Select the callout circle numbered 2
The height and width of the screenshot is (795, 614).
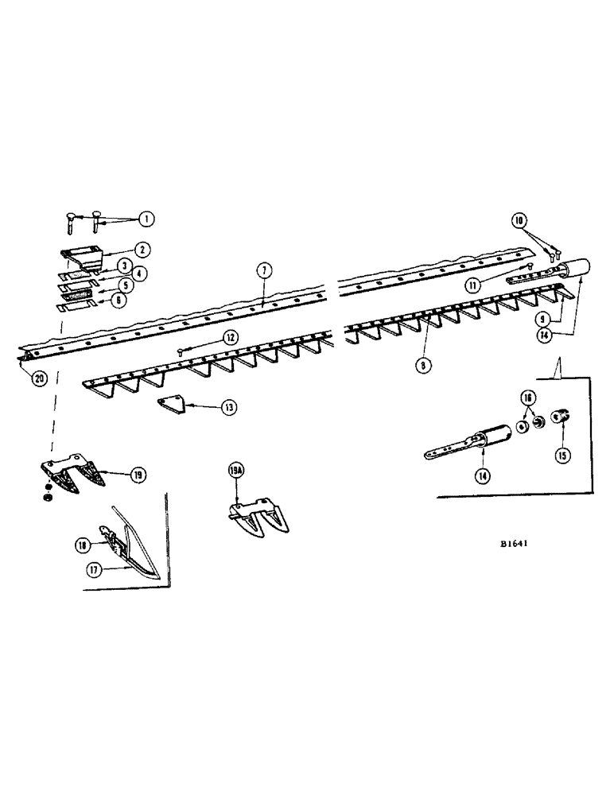141,250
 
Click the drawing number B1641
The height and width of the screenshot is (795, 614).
515,545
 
